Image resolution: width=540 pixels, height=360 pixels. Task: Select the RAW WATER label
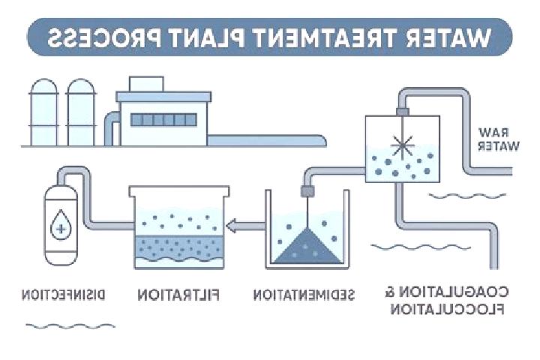tap(498, 139)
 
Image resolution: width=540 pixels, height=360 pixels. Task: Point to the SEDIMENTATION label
tap(304, 295)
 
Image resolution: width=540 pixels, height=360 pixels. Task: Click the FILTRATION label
tap(178, 295)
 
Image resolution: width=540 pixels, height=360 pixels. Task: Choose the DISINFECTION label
tap(63, 295)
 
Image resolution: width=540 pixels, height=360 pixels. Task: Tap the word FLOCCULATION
tap(447, 309)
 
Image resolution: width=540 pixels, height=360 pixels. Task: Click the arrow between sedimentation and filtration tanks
tap(245, 226)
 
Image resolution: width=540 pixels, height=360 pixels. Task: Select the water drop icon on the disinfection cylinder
tap(61, 225)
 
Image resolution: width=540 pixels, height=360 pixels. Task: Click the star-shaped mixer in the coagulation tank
tap(402, 145)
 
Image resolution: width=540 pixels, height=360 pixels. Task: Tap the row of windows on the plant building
tap(163, 120)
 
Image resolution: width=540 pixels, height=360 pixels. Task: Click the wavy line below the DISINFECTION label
tap(70, 326)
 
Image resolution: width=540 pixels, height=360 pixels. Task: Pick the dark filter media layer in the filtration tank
tap(178, 248)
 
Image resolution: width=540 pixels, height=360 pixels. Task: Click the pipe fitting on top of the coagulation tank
tap(402, 112)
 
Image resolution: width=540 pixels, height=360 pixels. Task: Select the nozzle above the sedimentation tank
tap(308, 190)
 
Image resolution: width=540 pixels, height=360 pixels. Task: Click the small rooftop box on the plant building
tap(146, 84)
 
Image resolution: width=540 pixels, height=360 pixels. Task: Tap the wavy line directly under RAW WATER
tap(467, 196)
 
